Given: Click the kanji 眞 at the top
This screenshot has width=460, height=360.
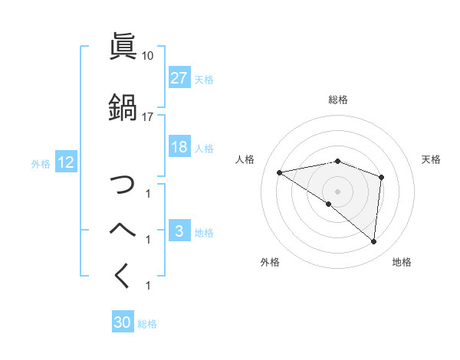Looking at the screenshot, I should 123,47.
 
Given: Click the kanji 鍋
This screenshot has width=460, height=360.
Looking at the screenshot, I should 123,106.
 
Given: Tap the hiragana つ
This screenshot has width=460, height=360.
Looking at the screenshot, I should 123,185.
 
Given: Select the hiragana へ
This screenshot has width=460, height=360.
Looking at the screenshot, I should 123,231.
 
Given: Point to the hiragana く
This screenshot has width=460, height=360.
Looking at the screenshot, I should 123,276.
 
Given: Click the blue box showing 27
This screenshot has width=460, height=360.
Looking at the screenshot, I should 179,78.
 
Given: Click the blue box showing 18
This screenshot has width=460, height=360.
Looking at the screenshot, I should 179,148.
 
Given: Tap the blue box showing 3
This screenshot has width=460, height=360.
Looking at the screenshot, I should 179,232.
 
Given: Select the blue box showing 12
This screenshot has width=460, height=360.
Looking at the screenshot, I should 65,163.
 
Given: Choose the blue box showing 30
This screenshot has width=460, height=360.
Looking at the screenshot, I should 123,322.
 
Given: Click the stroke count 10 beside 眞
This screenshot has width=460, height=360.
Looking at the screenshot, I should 148,56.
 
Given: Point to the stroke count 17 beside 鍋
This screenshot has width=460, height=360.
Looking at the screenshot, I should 148,116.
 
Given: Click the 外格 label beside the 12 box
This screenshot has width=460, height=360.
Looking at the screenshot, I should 41,163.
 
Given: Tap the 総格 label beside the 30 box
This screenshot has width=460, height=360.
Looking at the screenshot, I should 148,324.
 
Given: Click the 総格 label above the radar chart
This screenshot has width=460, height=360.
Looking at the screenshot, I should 338,100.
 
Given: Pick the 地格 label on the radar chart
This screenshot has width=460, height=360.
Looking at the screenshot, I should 402,262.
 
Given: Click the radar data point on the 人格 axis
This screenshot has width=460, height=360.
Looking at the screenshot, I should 280,172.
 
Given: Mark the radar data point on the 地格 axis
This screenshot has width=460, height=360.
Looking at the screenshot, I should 374,242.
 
